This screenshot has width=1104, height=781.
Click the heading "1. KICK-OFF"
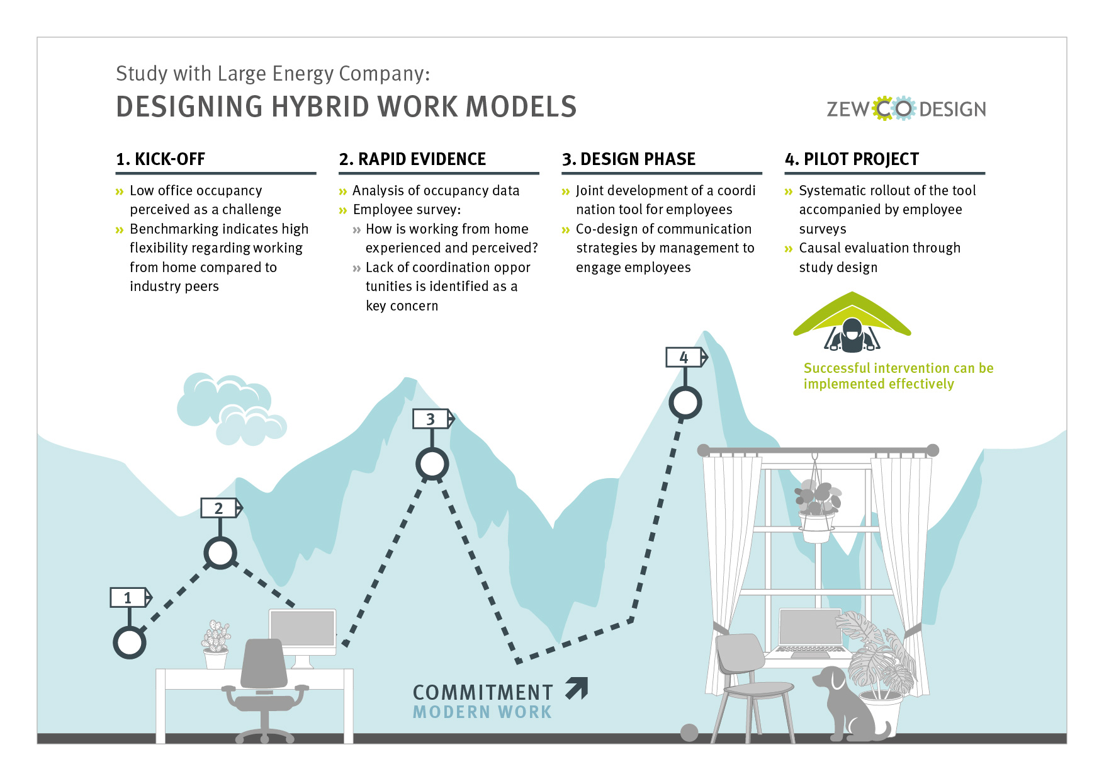point(161,159)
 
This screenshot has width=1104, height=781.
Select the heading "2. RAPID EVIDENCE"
point(412,159)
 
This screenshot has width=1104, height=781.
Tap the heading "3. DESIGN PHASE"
point(629,159)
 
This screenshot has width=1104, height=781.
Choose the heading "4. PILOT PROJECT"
point(852,159)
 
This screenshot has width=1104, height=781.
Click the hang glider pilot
point(852,335)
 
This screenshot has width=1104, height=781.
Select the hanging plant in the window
point(817,511)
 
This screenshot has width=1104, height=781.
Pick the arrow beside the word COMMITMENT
point(577,688)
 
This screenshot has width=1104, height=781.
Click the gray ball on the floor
point(689,733)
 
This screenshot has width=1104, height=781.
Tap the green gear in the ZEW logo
point(884,109)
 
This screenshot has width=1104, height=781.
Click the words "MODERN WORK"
point(482,712)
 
